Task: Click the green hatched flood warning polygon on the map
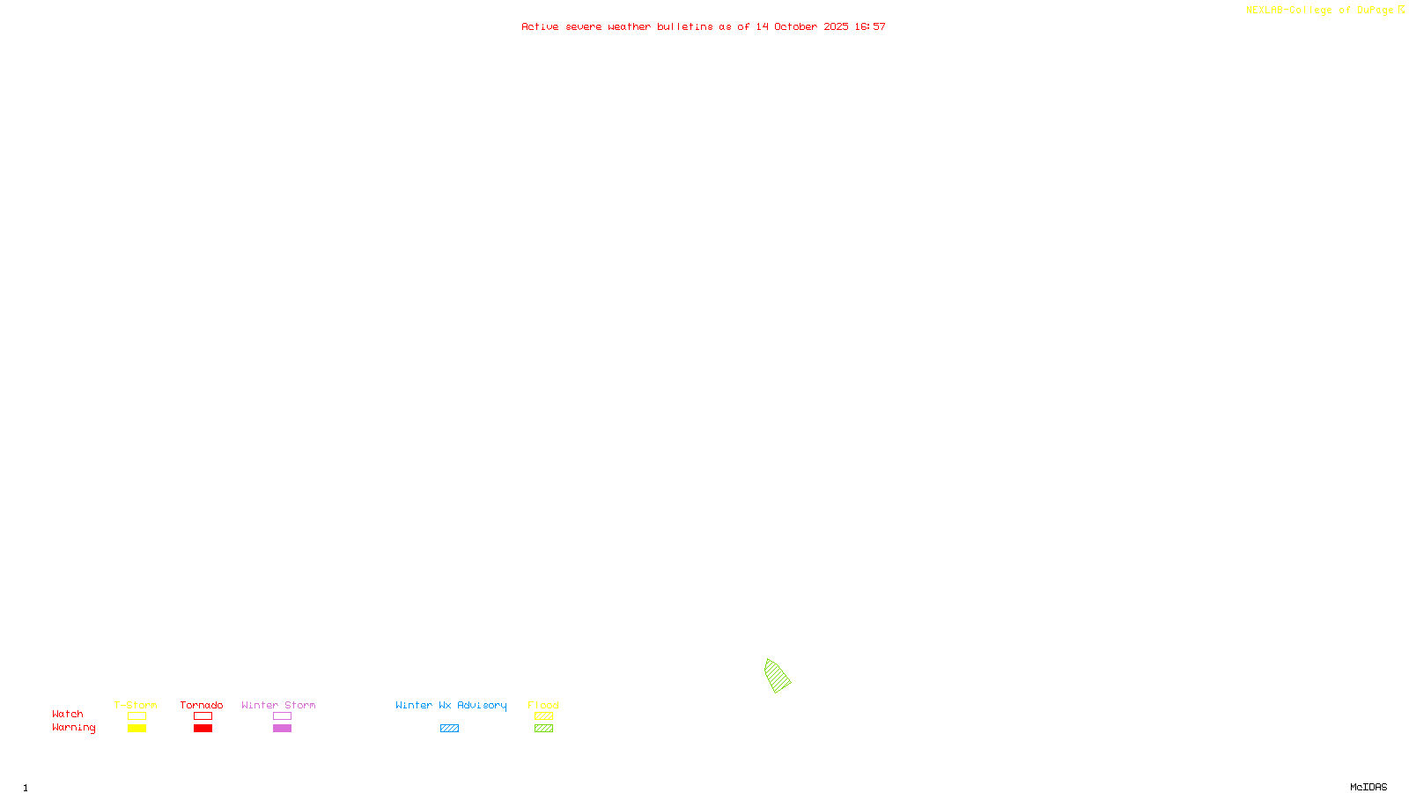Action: pos(777,676)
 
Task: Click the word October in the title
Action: pos(795,26)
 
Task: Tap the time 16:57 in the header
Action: pos(870,26)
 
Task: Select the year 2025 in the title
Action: pos(837,26)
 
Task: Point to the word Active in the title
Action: pos(540,26)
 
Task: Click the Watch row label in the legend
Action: pos(68,714)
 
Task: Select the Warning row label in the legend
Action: pos(73,728)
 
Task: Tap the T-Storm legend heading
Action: pos(136,705)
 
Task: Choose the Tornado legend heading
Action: pos(202,705)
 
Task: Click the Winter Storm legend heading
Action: pos(278,705)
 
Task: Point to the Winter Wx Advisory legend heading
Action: pos(451,705)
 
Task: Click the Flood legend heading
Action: pos(543,705)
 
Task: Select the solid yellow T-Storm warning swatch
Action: pos(136,729)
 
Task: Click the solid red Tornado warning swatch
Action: pos(203,729)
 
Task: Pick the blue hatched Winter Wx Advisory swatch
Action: pos(449,729)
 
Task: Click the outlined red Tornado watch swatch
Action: pos(203,716)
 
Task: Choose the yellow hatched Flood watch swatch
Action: pos(543,716)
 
